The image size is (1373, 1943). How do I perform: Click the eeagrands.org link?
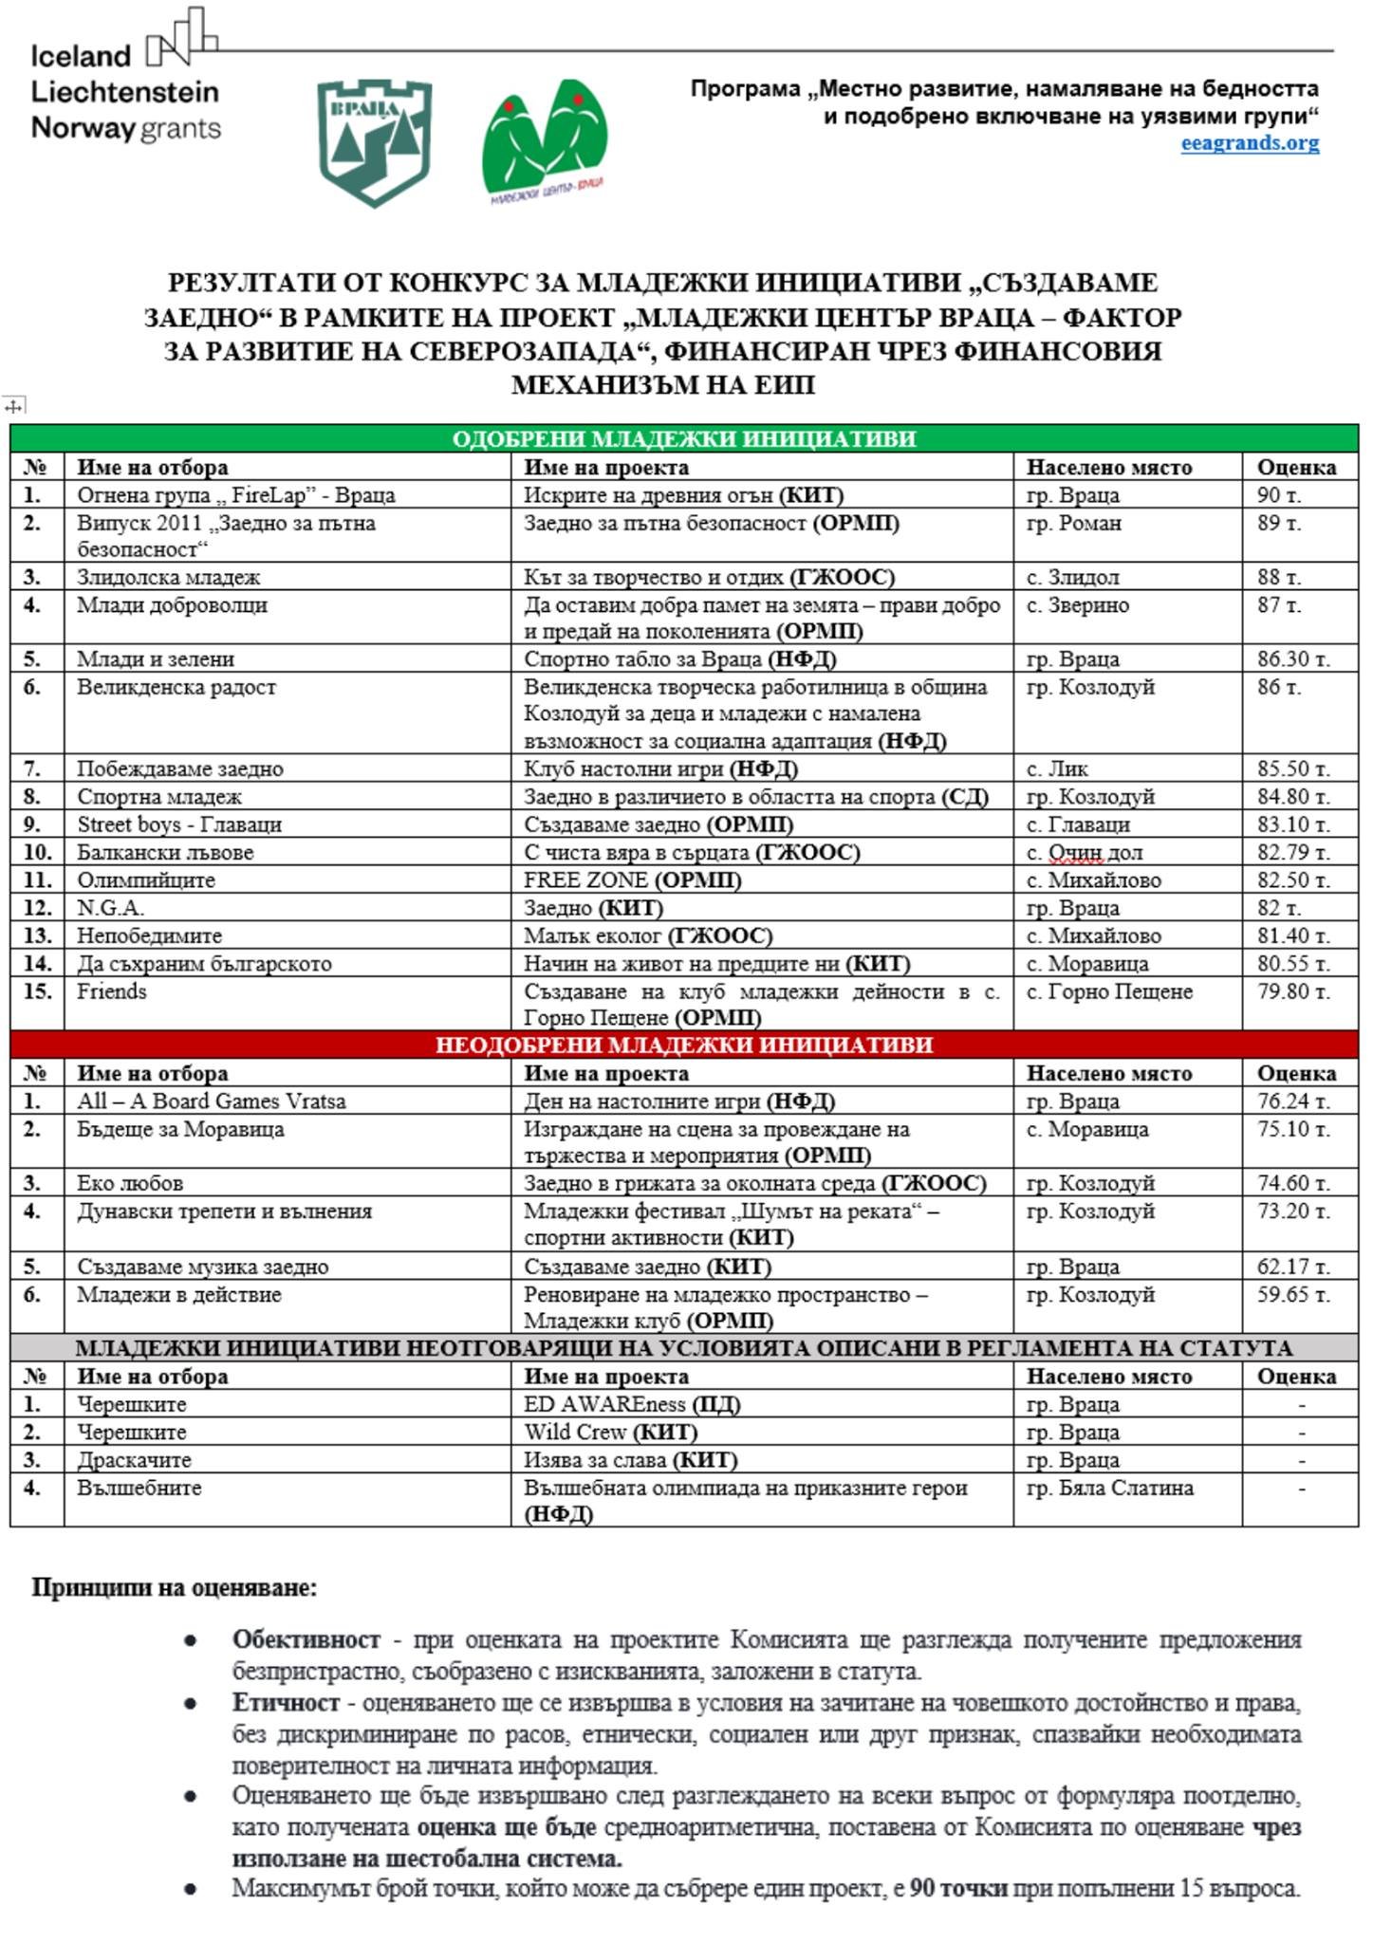pyautogui.click(x=1249, y=143)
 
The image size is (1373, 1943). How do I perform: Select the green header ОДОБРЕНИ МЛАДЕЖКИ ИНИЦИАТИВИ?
pyautogui.click(x=683, y=438)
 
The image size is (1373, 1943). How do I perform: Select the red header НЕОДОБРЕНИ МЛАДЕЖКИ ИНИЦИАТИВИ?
pyautogui.click(x=683, y=1045)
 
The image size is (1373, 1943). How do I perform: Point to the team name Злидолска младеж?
pyautogui.click(x=169, y=577)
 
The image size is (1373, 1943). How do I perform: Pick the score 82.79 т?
pyautogui.click(x=1292, y=852)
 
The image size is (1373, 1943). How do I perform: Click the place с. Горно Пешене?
pyautogui.click(x=1109, y=991)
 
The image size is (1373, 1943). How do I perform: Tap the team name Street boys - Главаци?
pyautogui.click(x=179, y=824)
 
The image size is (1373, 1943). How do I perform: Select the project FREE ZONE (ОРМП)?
pyautogui.click(x=632, y=879)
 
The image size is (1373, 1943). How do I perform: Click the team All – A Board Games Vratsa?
pyautogui.click(x=211, y=1101)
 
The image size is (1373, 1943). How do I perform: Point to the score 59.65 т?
pyautogui.click(x=1292, y=1294)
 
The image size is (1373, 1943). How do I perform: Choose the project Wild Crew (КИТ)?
pyautogui.click(x=610, y=1432)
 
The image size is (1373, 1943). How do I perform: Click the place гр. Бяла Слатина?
pyautogui.click(x=1109, y=1488)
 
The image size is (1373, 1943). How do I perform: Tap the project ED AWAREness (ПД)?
pyautogui.click(x=632, y=1404)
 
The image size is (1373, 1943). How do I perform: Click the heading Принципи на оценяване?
pyautogui.click(x=175, y=1587)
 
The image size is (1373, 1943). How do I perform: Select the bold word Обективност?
pyautogui.click(x=306, y=1639)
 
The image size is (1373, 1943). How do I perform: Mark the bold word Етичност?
pyautogui.click(x=286, y=1702)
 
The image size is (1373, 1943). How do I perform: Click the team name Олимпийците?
pyautogui.click(x=146, y=879)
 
